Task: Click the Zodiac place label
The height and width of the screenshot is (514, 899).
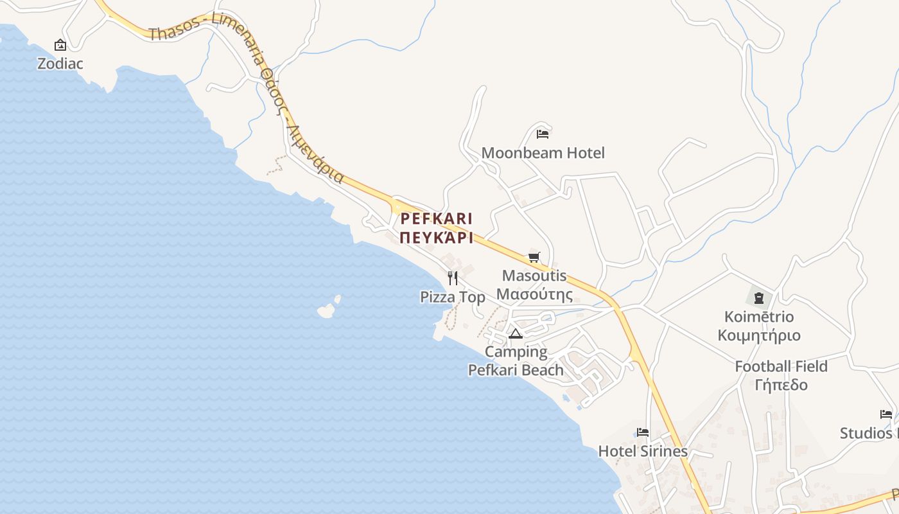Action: (60, 64)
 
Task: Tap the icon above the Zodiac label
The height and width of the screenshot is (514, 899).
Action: (60, 45)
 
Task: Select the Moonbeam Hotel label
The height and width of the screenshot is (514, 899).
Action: (543, 153)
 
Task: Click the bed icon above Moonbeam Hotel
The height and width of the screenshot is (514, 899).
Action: (543, 134)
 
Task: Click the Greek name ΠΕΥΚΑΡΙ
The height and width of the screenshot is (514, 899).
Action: (437, 238)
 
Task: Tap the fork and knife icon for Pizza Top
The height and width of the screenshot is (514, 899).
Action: (453, 278)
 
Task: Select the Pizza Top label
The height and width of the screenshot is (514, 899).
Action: (453, 297)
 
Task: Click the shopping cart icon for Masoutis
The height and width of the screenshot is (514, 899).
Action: (534, 258)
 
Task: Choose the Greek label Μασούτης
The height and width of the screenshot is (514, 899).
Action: (535, 294)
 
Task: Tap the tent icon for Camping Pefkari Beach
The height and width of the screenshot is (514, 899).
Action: (515, 333)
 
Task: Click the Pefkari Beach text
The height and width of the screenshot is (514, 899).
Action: (516, 370)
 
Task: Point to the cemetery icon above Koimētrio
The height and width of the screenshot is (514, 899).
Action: (759, 297)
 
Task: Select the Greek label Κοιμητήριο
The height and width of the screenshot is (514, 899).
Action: (759, 335)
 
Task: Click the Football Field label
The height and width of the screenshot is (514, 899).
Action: (781, 366)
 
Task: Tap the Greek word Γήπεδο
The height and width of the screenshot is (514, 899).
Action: (781, 385)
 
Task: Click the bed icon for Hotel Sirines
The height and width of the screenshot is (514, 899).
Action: (643, 432)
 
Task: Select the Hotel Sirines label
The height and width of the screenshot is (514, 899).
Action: (643, 451)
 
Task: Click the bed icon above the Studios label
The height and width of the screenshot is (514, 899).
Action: (886, 414)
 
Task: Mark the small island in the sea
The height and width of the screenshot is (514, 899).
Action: (327, 310)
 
